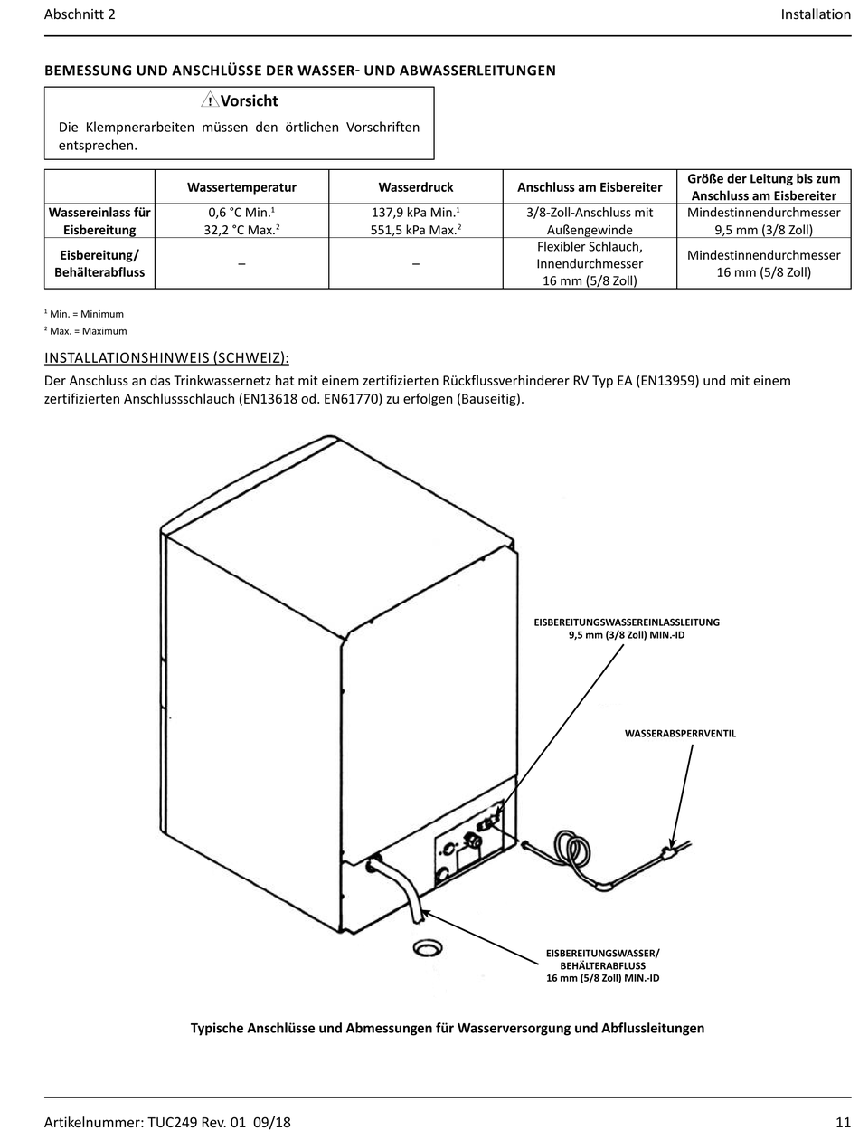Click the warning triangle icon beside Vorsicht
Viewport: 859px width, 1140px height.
point(210,101)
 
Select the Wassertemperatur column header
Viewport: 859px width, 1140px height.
point(241,187)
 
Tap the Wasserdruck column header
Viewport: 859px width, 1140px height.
point(415,187)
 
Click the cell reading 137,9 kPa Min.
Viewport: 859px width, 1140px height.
point(415,213)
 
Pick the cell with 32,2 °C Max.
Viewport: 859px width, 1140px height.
point(241,230)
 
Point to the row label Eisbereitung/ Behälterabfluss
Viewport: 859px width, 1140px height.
point(99,263)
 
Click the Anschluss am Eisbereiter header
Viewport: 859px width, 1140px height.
point(590,187)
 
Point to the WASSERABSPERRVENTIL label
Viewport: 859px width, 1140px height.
point(680,733)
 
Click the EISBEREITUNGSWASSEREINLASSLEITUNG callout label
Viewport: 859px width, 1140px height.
point(627,622)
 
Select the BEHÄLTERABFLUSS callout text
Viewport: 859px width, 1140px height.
point(603,965)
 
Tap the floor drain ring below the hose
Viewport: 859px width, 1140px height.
point(427,948)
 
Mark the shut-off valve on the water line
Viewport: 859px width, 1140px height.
point(669,850)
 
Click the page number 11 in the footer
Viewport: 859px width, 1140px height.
point(844,1122)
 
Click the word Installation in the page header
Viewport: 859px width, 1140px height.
point(816,14)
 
